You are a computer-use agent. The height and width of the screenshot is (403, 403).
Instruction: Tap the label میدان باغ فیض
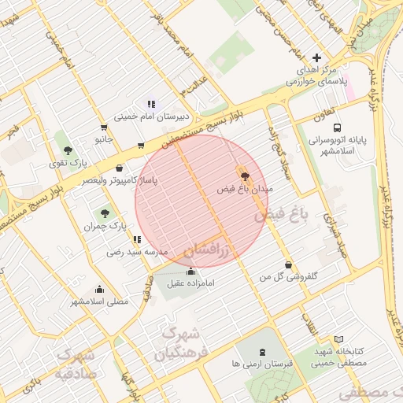click(244, 190)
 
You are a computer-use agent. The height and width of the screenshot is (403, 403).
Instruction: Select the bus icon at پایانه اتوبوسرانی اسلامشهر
click(337, 127)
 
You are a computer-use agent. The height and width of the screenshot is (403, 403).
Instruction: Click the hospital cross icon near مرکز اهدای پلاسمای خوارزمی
click(317, 57)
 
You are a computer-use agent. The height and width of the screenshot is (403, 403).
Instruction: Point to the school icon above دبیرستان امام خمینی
click(150, 103)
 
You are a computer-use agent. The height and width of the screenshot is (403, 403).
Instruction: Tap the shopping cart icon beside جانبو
click(104, 128)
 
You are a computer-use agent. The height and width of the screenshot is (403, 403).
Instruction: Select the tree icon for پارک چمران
click(104, 213)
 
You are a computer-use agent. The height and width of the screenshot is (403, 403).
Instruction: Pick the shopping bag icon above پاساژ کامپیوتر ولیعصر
click(119, 168)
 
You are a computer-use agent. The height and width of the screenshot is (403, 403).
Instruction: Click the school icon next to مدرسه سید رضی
click(137, 239)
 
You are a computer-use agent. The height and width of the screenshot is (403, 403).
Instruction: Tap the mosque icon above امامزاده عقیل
click(190, 271)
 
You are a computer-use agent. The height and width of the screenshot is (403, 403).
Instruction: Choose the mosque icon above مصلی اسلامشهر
click(98, 289)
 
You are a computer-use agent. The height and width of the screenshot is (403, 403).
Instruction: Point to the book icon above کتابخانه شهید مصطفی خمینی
click(339, 338)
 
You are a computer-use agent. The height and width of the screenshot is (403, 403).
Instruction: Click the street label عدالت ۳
click(194, 83)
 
